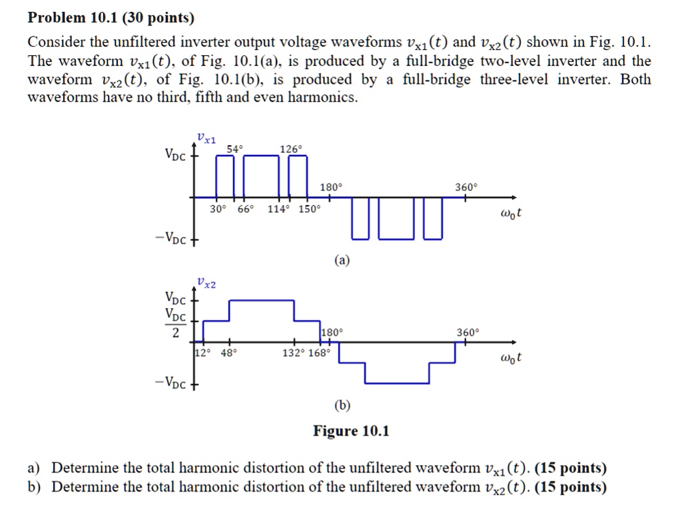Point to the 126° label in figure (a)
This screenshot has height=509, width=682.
[x=288, y=150]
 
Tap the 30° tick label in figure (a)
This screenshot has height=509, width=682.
[x=217, y=209]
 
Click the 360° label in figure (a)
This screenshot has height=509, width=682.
[x=466, y=188]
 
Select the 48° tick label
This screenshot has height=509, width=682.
[x=228, y=353]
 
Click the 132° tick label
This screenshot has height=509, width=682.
[x=293, y=353]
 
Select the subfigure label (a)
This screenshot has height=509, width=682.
[x=341, y=261]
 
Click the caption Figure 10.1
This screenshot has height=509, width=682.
[x=351, y=431]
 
